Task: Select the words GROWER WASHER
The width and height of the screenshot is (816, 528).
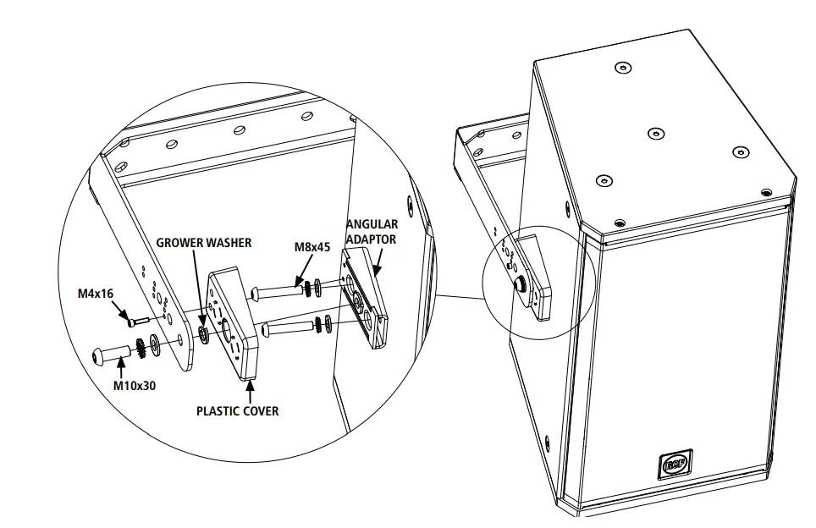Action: click(x=203, y=243)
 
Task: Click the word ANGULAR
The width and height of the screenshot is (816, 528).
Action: click(x=372, y=225)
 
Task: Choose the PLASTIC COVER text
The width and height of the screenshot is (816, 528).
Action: click(x=237, y=411)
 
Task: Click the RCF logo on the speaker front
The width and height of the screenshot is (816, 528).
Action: click(x=675, y=465)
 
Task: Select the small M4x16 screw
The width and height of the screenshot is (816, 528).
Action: click(x=135, y=320)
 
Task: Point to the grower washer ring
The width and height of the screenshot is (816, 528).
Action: click(x=203, y=332)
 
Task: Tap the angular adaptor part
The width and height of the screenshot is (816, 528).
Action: click(x=366, y=300)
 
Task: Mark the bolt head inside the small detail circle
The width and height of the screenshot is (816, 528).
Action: click(x=517, y=281)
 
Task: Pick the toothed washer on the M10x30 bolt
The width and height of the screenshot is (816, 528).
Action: click(x=139, y=346)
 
